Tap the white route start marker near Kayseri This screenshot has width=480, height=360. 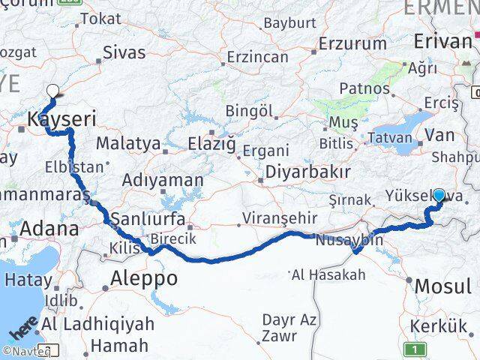coord(52,92)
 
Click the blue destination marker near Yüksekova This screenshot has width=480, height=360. coord(439,195)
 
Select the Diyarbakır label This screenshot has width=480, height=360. coord(307,172)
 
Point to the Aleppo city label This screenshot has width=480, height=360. coord(144,279)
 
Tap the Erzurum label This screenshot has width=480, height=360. coord(352,43)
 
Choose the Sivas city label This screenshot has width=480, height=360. coord(124,52)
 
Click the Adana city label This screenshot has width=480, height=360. coord(50,229)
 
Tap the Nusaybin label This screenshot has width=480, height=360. coord(349,241)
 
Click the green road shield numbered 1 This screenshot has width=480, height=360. coord(412,349)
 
